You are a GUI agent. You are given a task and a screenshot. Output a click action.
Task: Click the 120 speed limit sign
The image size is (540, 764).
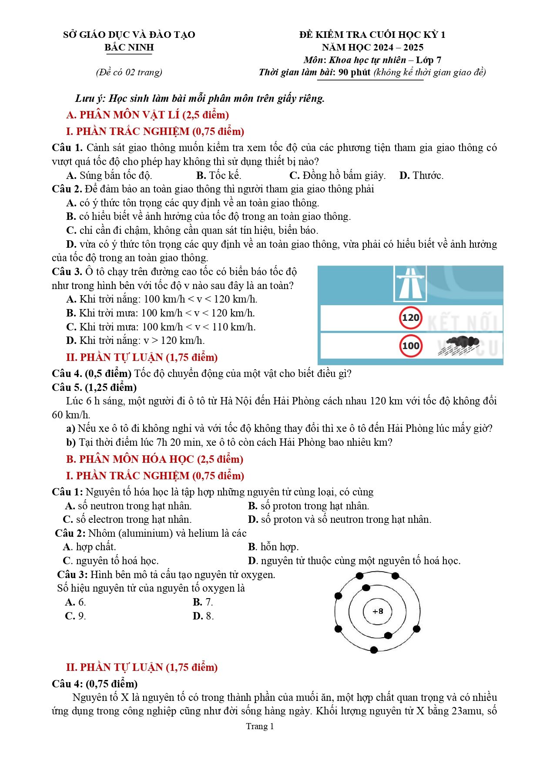pyautogui.click(x=410, y=318)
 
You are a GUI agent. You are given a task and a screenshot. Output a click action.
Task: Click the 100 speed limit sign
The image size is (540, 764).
pyautogui.click(x=410, y=346)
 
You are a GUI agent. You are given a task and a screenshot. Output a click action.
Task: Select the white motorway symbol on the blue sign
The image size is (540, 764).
pyautogui.click(x=410, y=283)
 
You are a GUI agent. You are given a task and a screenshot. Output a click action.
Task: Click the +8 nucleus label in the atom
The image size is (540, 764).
pyautogui.click(x=378, y=611)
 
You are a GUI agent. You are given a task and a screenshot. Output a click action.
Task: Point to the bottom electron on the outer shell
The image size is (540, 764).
pyautogui.click(x=374, y=650)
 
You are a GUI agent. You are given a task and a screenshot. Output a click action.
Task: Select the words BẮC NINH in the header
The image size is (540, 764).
pyautogui.click(x=129, y=47)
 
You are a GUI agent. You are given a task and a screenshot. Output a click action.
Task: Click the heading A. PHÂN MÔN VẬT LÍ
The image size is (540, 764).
pyautogui.click(x=148, y=115)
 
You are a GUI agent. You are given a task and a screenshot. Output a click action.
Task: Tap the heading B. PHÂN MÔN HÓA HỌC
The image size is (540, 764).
pyautogui.click(x=154, y=459)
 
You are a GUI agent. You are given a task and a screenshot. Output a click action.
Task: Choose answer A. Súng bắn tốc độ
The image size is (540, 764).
pyautogui.click(x=109, y=175)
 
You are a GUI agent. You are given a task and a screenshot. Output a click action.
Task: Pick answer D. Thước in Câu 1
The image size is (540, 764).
pyautogui.click(x=421, y=175)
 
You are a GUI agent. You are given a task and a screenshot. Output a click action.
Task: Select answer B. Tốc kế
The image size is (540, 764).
pyautogui.click(x=218, y=175)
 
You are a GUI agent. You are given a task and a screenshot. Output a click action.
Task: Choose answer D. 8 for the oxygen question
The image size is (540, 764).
pyautogui.click(x=203, y=616)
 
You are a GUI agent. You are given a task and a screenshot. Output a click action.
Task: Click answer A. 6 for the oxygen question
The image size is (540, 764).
pyautogui.click(x=75, y=602)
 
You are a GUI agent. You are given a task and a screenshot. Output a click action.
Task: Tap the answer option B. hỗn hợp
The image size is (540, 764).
pyautogui.click(x=273, y=547)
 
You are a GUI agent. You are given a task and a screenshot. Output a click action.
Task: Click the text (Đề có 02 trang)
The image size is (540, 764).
pyautogui.click(x=129, y=72)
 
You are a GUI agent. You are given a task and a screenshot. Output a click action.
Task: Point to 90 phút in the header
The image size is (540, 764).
pyautogui.click(x=355, y=72)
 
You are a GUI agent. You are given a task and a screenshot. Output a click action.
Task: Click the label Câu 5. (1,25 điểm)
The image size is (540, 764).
pyautogui.click(x=94, y=387)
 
